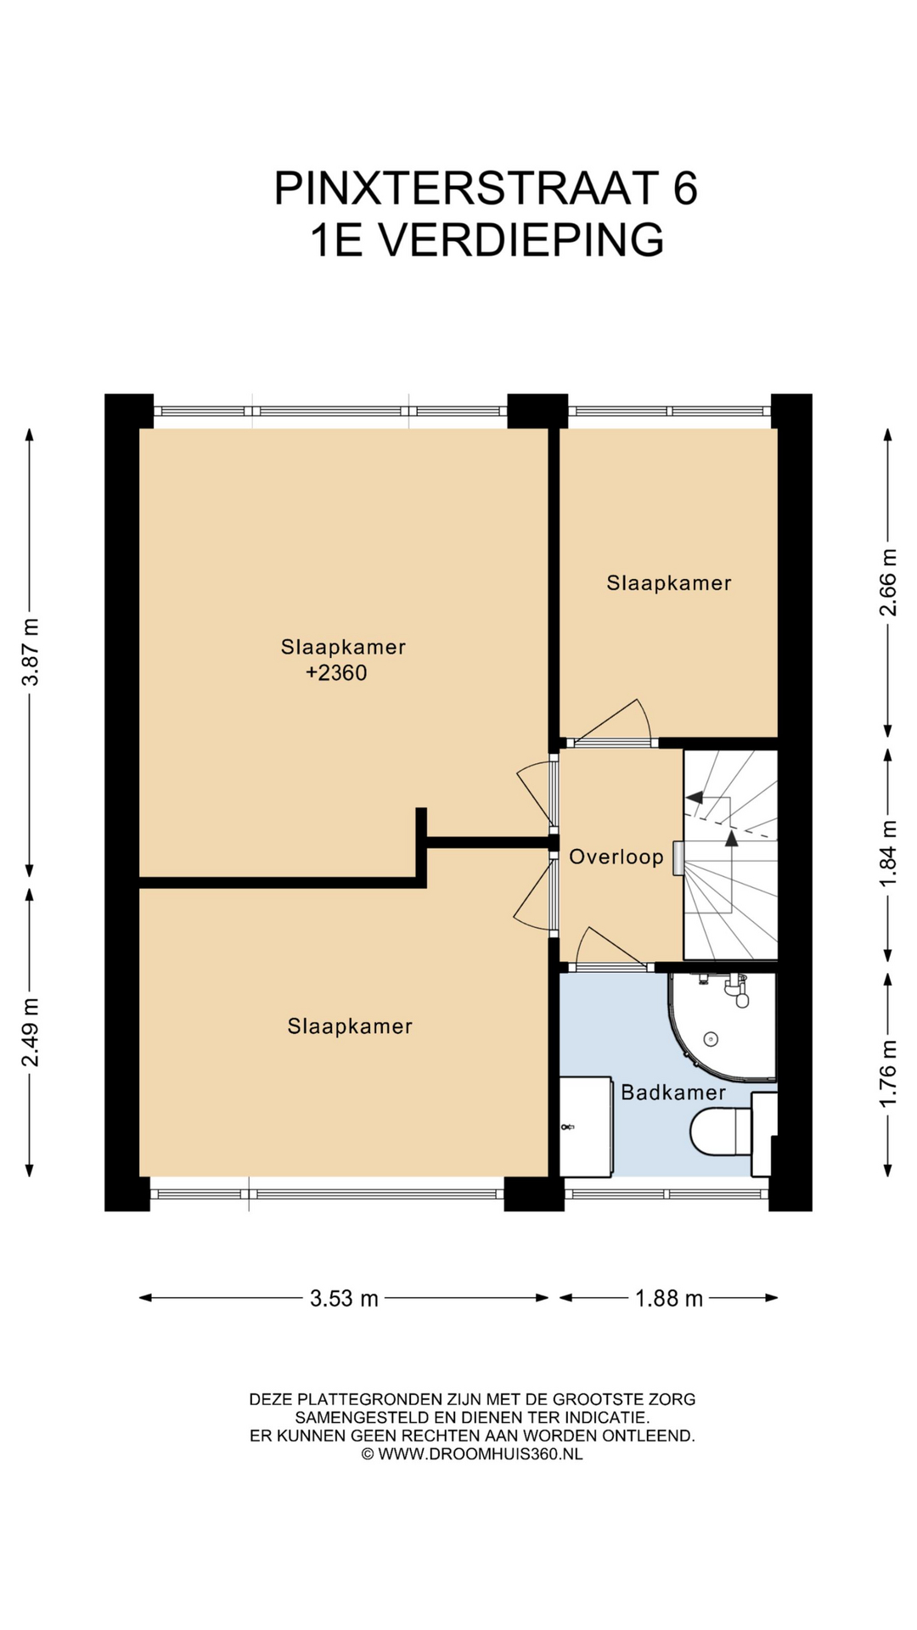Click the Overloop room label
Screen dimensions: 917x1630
tap(616, 857)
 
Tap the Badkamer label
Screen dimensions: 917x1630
tap(673, 1092)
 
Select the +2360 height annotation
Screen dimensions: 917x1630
tap(337, 673)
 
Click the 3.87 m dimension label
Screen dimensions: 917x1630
tap(31, 652)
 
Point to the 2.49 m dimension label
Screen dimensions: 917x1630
tap(31, 1032)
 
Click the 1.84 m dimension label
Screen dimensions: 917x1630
tap(888, 853)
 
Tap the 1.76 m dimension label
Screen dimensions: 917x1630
tap(888, 1073)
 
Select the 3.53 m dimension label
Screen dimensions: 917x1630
tap(344, 1298)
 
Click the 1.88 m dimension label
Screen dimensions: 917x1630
tap(669, 1298)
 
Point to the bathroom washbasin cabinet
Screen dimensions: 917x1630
tap(586, 1127)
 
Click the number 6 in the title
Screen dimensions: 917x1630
tap(685, 188)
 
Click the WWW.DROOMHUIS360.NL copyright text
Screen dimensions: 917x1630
tap(481, 1454)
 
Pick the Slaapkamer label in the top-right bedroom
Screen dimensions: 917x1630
tap(669, 583)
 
